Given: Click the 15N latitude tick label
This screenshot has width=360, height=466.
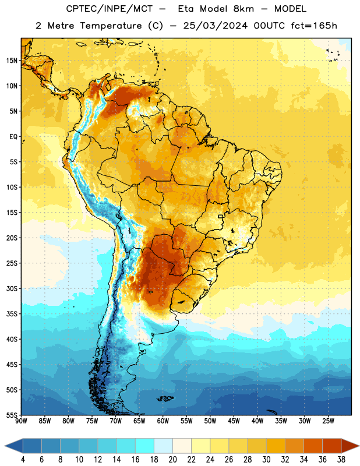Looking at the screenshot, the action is pyautogui.click(x=12, y=61).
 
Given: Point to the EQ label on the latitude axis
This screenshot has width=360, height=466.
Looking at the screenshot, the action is pyautogui.click(x=13, y=137).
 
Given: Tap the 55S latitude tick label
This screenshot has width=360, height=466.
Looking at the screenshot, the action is pyautogui.click(x=12, y=415).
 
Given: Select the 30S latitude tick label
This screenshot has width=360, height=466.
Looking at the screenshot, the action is pyautogui.click(x=12, y=288).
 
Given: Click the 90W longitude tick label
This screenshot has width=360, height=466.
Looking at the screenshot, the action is pyautogui.click(x=21, y=421).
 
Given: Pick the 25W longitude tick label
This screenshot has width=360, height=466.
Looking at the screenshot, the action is pyautogui.click(x=328, y=421).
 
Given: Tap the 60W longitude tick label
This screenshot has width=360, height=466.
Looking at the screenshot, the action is pyautogui.click(x=163, y=421).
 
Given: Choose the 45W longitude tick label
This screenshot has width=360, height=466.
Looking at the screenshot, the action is pyautogui.click(x=234, y=421).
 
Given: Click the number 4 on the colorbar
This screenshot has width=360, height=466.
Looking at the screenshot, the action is pyautogui.click(x=23, y=460).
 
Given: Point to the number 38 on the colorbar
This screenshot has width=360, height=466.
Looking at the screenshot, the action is pyautogui.click(x=341, y=460).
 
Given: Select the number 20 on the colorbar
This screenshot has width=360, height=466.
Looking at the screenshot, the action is pyautogui.click(x=172, y=460).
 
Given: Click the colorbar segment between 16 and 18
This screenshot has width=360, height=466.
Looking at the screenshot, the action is pyautogui.click(x=145, y=446).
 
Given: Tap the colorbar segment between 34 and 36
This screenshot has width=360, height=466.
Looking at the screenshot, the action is pyautogui.click(x=313, y=446).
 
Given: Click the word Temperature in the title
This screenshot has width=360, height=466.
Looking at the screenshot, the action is pyautogui.click(x=111, y=26).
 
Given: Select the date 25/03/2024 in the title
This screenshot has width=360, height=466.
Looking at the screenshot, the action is pyautogui.click(x=215, y=26).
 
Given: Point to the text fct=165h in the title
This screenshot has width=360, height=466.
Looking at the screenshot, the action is pyautogui.click(x=314, y=26).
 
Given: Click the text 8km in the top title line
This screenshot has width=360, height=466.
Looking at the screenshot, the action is pyautogui.click(x=243, y=9).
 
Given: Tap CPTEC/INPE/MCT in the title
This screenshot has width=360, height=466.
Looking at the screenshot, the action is pyautogui.click(x=109, y=9).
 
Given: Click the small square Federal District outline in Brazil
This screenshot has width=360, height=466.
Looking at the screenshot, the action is pyautogui.click(x=221, y=216).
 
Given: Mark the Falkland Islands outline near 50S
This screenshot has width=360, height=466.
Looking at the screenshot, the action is pyautogui.click(x=165, y=398).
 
